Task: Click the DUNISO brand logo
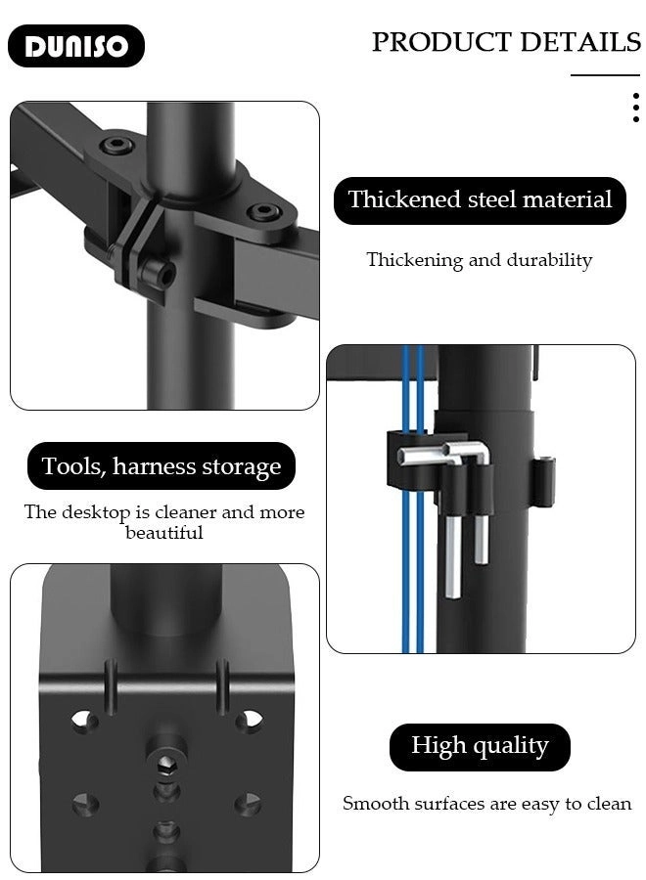click(x=76, y=46)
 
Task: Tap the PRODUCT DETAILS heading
click(x=505, y=42)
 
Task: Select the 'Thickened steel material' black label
click(x=480, y=200)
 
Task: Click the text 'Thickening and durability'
click(x=479, y=260)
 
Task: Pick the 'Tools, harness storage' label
click(x=161, y=466)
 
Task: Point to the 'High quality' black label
click(x=480, y=747)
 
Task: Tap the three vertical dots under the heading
click(x=635, y=108)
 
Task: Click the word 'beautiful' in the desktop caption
click(x=164, y=533)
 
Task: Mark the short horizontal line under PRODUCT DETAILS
click(x=605, y=75)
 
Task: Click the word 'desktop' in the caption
click(x=98, y=512)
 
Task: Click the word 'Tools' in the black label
click(x=72, y=466)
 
